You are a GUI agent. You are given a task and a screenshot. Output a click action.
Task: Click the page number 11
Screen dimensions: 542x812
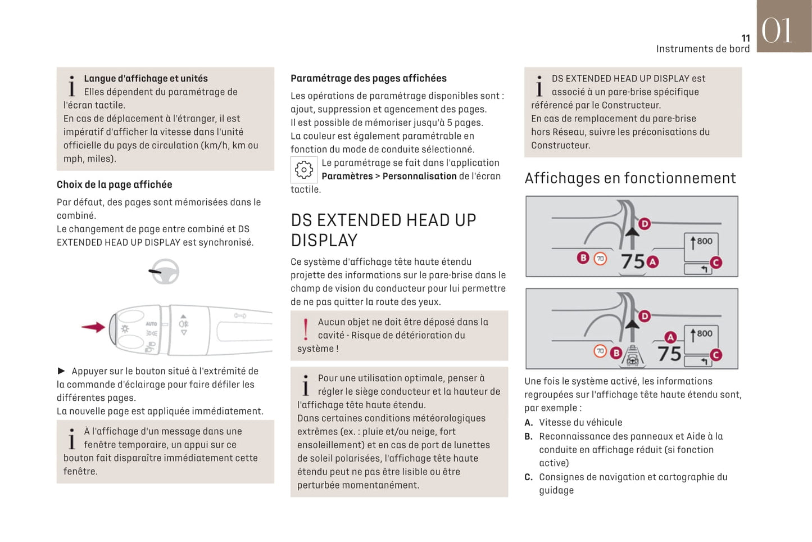click(x=745, y=38)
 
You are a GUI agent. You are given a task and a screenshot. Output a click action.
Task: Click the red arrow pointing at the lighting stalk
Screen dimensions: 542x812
click(x=93, y=327)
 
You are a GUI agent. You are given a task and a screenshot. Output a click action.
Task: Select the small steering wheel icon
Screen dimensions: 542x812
click(x=165, y=272)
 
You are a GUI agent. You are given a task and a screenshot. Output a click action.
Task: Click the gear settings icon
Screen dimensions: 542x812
click(x=304, y=169)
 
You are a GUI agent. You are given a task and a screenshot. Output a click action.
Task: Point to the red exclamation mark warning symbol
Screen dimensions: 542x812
click(x=305, y=329)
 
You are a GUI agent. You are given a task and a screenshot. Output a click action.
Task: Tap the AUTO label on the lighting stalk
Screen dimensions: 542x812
click(x=151, y=324)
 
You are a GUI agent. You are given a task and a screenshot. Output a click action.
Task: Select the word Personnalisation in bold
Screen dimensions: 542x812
click(x=419, y=176)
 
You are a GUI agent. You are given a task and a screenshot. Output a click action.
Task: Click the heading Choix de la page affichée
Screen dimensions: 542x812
click(x=115, y=184)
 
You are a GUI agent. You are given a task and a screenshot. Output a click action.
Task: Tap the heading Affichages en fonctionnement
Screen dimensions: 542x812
click(x=630, y=178)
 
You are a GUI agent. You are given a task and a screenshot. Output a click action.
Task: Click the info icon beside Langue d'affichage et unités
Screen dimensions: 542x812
click(x=71, y=85)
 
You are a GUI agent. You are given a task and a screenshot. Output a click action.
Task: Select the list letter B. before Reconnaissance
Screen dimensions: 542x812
click(x=528, y=436)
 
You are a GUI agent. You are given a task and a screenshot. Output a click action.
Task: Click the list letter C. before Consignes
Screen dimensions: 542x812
click(x=528, y=477)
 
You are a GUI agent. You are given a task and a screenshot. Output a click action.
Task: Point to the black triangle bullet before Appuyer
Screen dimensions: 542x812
click(x=62, y=371)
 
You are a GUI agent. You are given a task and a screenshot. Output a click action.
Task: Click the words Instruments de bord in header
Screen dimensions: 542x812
click(x=702, y=49)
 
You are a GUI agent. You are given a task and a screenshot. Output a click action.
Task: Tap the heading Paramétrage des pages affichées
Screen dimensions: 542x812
click(x=369, y=78)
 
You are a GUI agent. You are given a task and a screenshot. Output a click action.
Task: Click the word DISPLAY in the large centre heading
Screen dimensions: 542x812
click(x=324, y=241)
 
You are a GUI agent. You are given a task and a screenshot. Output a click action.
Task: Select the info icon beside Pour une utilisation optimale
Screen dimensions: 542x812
click(x=305, y=385)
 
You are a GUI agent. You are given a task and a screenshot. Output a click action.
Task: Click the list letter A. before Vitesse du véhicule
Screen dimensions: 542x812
click(x=528, y=422)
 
